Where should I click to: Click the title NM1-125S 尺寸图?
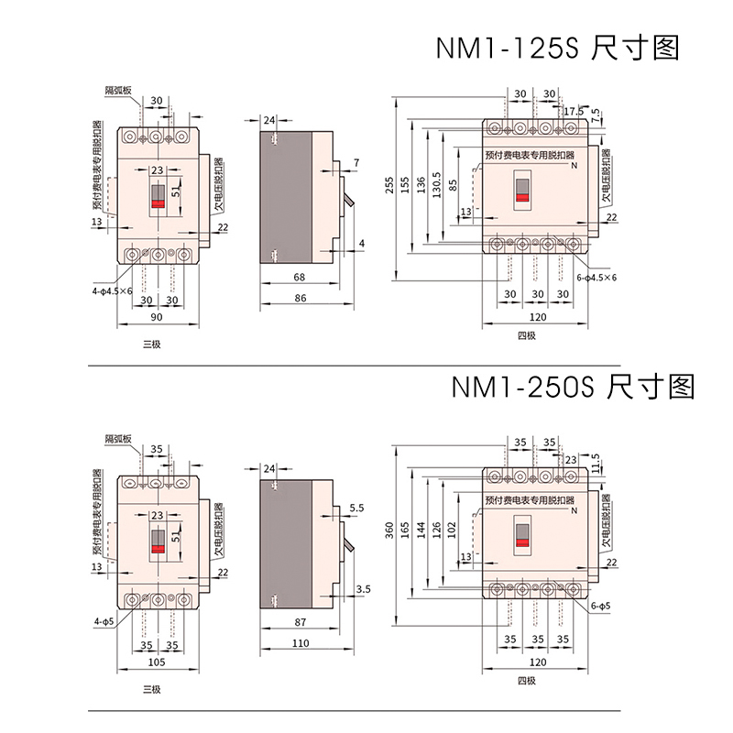click(x=557, y=48)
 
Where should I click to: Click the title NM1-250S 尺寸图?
click(x=573, y=387)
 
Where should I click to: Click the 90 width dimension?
click(x=156, y=318)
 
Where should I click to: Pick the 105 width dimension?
click(x=156, y=661)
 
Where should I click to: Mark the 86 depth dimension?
click(x=300, y=300)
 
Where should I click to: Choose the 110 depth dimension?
click(x=300, y=645)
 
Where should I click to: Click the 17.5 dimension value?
click(x=574, y=112)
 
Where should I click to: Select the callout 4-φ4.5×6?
click(x=112, y=290)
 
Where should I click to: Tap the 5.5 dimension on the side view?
click(x=357, y=508)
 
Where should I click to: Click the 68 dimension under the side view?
click(x=300, y=277)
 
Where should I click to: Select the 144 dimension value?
click(x=421, y=531)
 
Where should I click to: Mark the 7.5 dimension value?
click(x=597, y=115)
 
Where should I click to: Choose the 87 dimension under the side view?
click(x=300, y=622)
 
